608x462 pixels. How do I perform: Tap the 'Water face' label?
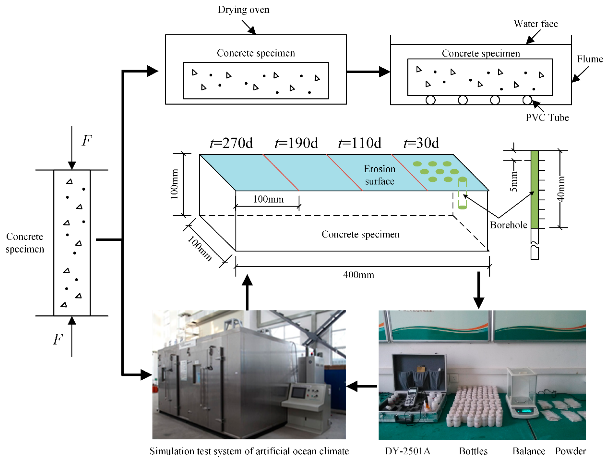pyautogui.click(x=536, y=24)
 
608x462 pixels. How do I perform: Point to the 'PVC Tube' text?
pyautogui.click(x=547, y=118)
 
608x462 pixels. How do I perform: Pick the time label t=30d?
pyautogui.click(x=421, y=143)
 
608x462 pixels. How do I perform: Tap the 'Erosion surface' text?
pyautogui.click(x=379, y=175)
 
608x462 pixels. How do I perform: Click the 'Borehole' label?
pyautogui.click(x=508, y=225)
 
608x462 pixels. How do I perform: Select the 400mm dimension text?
pyautogui.click(x=359, y=275)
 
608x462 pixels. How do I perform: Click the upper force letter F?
pyautogui.click(x=87, y=140)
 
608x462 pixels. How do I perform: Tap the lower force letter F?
pyautogui.click(x=58, y=339)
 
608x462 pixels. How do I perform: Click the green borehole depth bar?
pyautogui.click(x=534, y=190)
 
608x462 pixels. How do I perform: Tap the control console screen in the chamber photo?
pyautogui.click(x=298, y=392)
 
